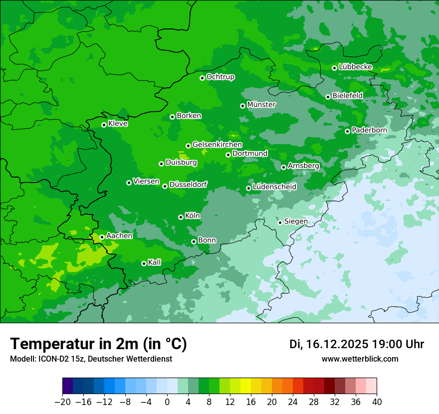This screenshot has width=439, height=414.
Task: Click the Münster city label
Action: point(261,105)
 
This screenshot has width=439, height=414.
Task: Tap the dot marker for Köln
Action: point(181,217)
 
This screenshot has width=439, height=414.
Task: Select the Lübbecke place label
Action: point(355,67)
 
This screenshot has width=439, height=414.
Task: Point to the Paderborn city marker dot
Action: point(347,131)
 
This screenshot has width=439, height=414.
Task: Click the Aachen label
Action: point(119,236)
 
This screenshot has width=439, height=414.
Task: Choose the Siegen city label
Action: point(296,221)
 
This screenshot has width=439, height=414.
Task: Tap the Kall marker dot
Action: point(144,263)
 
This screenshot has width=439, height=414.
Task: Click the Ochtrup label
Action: point(220,77)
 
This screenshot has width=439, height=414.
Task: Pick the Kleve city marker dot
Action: point(104,125)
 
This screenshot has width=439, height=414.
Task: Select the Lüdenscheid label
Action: point(274,187)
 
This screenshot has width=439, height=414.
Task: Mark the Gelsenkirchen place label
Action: point(217,145)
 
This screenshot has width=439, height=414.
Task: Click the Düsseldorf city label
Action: point(188,185)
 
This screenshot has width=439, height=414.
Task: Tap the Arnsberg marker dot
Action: point(283,167)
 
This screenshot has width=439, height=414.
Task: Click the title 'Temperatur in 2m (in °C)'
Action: point(98,344)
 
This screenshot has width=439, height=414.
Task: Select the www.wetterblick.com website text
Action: point(360,359)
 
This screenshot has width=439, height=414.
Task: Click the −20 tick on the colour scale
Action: point(62,402)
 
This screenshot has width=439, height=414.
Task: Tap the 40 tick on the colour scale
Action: point(377,402)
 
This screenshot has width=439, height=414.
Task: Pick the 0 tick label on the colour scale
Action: point(167,402)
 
